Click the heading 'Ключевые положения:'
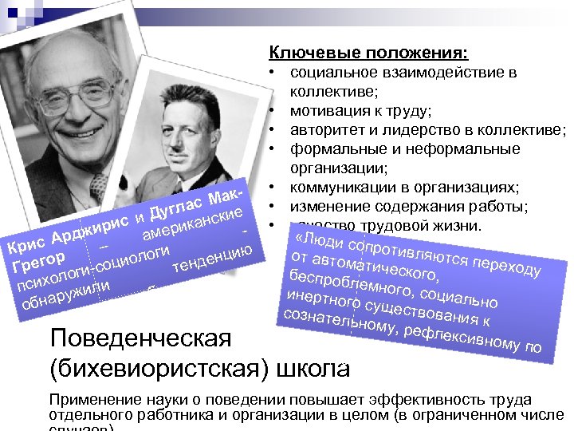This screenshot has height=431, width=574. coord(368,53)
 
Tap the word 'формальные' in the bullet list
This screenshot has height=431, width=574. coord(329,149)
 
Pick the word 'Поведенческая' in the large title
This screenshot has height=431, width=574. coord(140,338)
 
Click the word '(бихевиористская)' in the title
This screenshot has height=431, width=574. coord(159,369)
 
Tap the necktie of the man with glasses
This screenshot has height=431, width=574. coord(98,188)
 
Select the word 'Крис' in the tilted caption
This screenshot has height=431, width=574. coord(24,243)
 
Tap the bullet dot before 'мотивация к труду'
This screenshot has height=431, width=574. coord(272,111)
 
